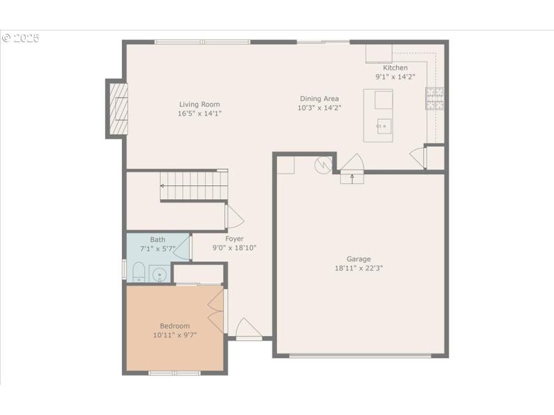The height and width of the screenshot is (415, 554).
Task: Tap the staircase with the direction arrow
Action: point(194,185)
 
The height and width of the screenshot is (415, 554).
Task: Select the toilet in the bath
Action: point(138,273)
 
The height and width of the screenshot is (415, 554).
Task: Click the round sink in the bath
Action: point(160,275)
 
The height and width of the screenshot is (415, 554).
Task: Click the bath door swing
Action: point(183,247)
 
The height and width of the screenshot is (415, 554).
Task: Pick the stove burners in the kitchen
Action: point(435,98)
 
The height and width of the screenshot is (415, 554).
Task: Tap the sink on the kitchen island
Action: point(384,126)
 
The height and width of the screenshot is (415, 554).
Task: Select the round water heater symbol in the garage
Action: point(323,165)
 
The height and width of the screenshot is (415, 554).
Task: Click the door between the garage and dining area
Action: point(352,166)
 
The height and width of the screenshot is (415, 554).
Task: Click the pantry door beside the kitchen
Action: point(418,157)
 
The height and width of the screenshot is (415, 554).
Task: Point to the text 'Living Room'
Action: point(199,104)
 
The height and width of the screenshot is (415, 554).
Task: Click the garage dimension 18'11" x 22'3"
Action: point(359,268)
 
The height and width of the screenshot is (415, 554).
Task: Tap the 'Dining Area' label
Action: point(319,99)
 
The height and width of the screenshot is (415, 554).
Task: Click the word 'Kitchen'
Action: point(395,68)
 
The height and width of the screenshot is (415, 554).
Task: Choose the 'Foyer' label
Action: point(234,239)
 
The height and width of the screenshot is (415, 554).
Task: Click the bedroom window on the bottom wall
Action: point(175,373)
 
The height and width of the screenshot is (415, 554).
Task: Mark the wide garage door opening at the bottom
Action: point(360,356)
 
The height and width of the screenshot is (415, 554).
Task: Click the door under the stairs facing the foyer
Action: point(233,216)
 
